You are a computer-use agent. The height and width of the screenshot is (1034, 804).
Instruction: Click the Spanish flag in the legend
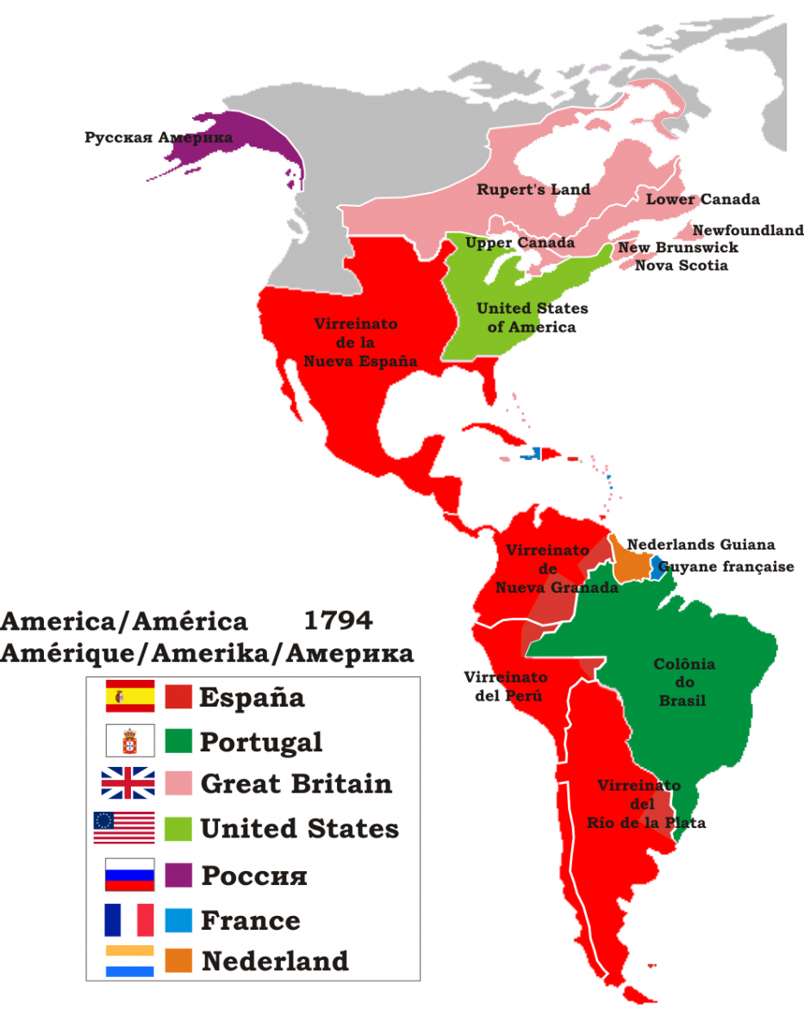coord(129,695)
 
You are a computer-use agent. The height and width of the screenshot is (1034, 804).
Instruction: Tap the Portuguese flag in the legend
coord(129,740)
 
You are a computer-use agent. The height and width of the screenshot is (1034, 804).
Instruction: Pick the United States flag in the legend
coord(124,828)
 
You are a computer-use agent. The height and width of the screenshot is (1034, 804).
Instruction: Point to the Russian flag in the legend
coord(129,875)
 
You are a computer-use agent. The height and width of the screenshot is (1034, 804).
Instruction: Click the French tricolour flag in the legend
coord(129,919)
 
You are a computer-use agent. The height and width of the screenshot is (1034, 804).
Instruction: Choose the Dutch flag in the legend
coord(129,961)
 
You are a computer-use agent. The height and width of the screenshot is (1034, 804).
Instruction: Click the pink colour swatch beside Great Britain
coord(178,784)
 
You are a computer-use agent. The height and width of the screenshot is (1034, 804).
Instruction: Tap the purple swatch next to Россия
coord(178,875)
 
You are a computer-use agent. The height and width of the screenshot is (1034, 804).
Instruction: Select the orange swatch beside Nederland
coord(178,961)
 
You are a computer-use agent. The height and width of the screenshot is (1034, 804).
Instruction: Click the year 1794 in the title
coord(338,620)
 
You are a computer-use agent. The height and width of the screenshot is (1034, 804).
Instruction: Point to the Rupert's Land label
coord(533,190)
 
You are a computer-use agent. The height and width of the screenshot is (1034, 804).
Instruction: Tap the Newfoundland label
coord(747,231)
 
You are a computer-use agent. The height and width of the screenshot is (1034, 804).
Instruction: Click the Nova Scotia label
coord(681,265)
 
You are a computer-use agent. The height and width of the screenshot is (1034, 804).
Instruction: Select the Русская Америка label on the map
coord(159,137)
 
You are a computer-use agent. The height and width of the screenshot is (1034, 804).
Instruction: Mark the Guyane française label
coord(726,567)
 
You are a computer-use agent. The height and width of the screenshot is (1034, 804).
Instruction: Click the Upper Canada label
coord(520,243)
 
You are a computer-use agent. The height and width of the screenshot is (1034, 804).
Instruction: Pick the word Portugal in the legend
coord(261,742)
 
